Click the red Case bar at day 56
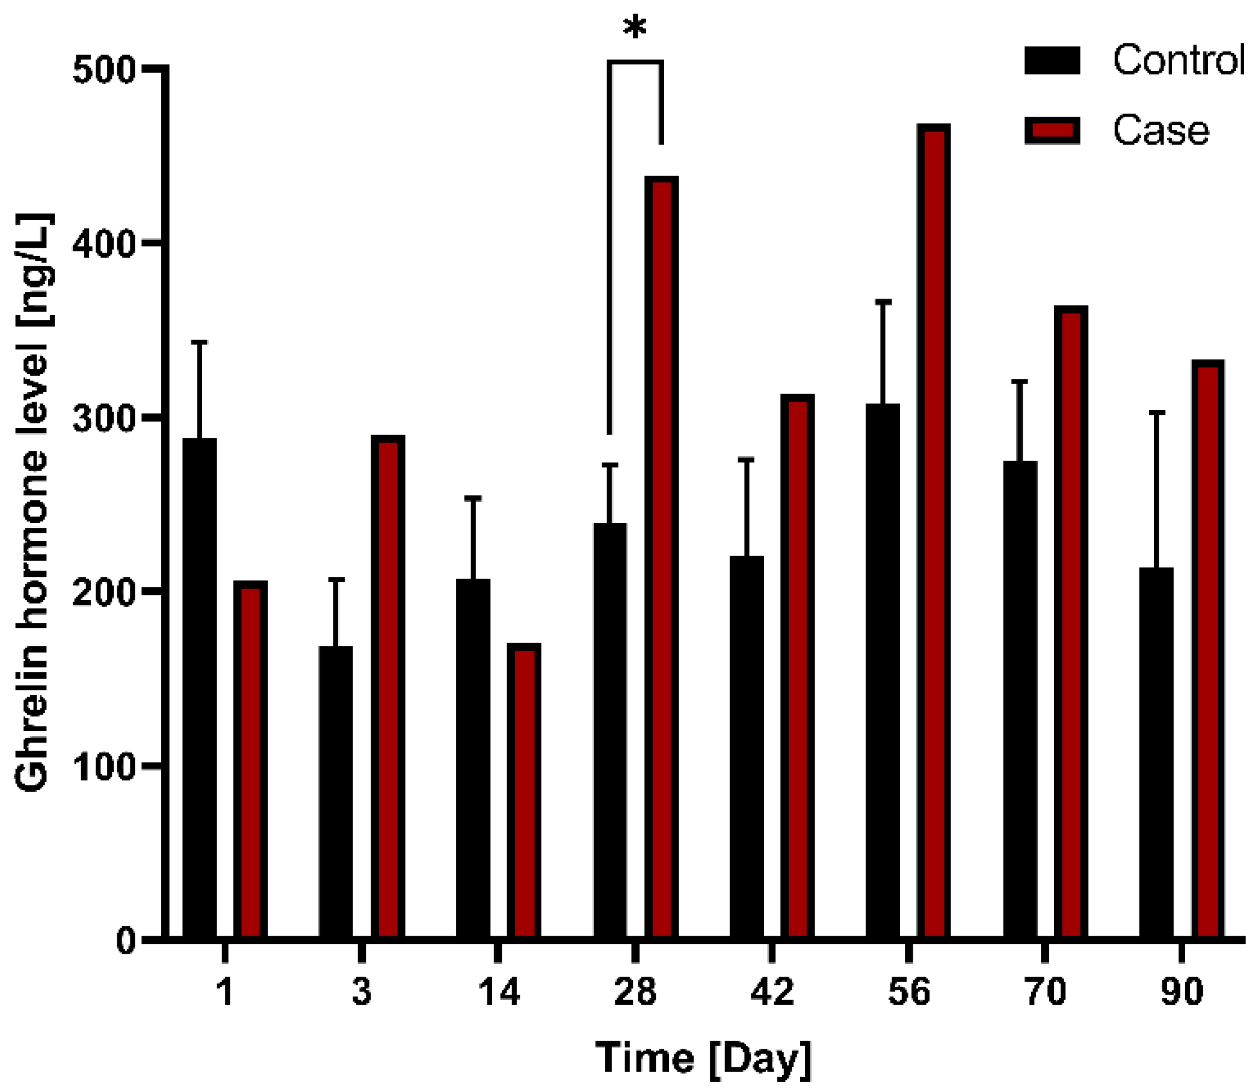pos(933,530)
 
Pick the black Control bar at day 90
pos(1156,752)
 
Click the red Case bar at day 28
pos(661,557)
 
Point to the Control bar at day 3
pos(336,791)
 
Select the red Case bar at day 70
pos(1070,622)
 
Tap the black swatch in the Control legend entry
pos(1052,60)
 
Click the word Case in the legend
pos(1160,130)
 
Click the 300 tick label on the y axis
pos(103,420)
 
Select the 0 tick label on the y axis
pos(125,942)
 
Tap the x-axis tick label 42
pos(772,992)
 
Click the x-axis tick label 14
pos(498,992)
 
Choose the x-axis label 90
pos(1181,992)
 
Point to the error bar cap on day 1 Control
pos(199,343)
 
